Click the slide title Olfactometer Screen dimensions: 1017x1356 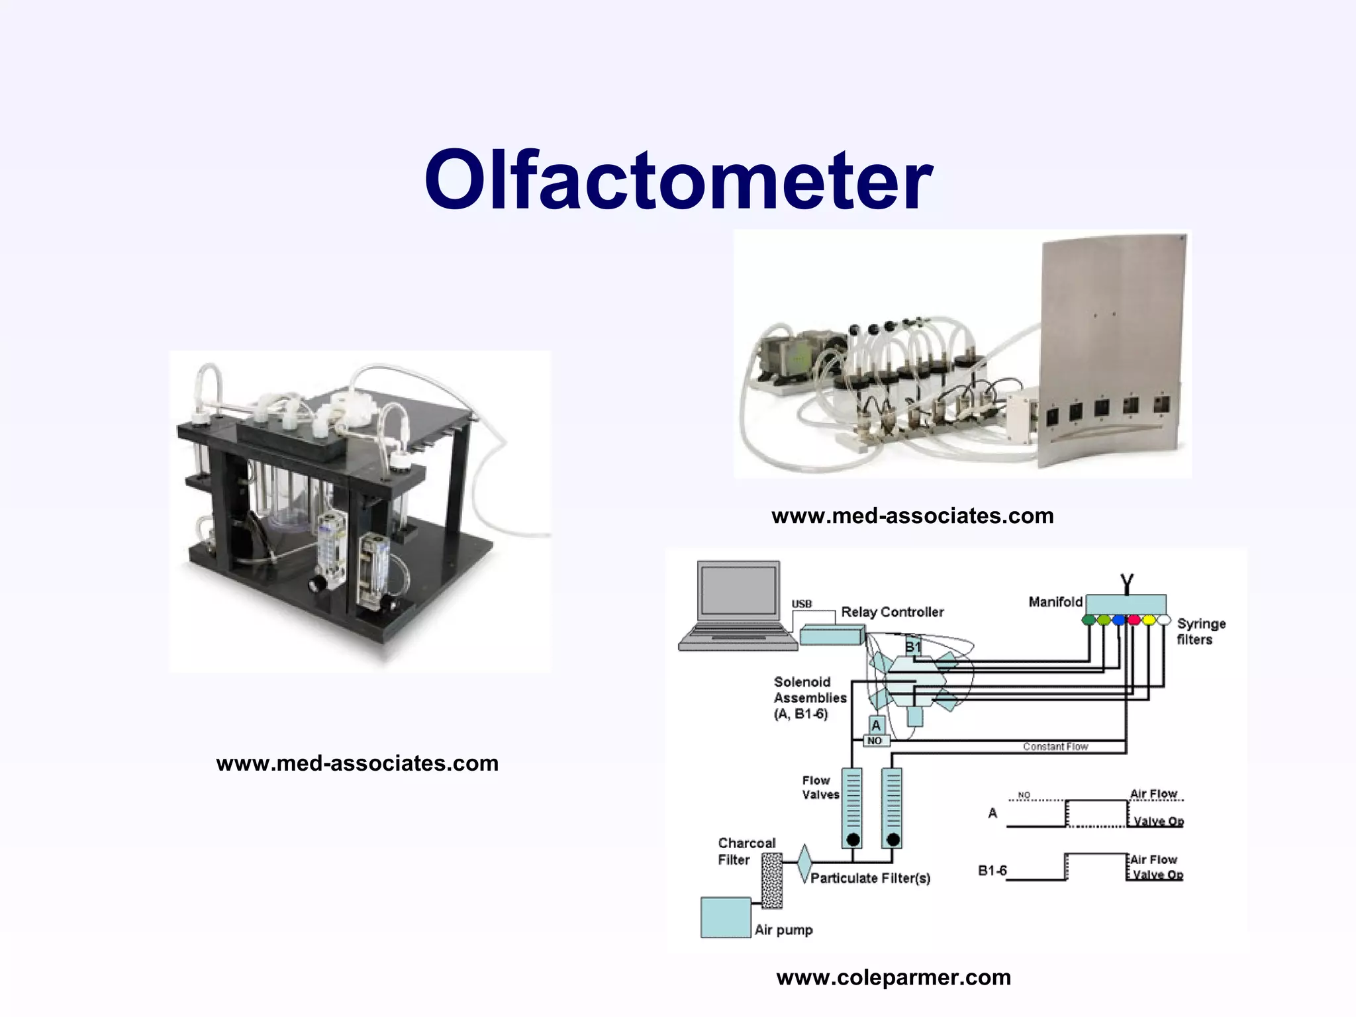tap(678, 180)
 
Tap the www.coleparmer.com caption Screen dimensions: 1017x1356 tap(893, 977)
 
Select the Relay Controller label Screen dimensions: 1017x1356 tap(892, 612)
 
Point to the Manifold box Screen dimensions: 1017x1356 tap(1126, 604)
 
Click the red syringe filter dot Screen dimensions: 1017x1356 tap(1134, 620)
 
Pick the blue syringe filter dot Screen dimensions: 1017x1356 tap(1118, 620)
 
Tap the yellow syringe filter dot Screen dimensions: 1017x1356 tap(1149, 620)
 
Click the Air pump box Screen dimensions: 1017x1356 tap(726, 918)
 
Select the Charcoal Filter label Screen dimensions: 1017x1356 tap(746, 851)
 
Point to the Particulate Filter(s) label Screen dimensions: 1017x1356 tap(870, 879)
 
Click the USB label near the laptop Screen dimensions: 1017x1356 tap(801, 604)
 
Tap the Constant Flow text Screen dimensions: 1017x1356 tap(1055, 747)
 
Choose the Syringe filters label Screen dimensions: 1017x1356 tap(1200, 632)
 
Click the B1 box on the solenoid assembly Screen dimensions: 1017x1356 tap(913, 648)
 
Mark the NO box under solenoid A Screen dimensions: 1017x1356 tap(875, 741)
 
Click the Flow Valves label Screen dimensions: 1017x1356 tap(820, 788)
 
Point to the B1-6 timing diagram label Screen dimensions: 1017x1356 tap(992, 871)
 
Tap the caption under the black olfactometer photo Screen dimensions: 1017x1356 tap(357, 763)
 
